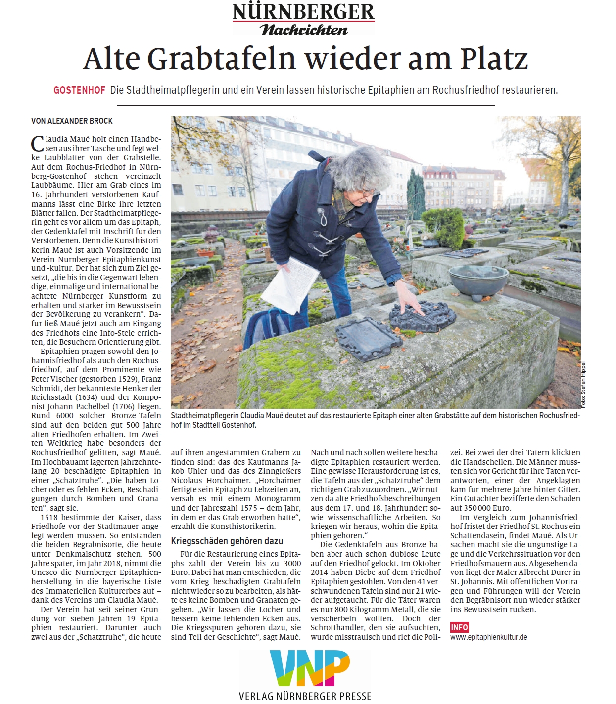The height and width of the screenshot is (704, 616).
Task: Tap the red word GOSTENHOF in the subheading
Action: [x=80, y=90]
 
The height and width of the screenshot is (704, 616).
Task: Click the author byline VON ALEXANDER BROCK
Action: [x=72, y=121]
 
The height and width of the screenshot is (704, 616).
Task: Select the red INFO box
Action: [x=459, y=627]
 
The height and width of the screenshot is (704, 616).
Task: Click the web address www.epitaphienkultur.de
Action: [x=488, y=637]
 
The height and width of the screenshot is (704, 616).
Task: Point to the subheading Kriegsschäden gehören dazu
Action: [x=227, y=541]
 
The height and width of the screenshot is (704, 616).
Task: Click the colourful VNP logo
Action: [x=310, y=669]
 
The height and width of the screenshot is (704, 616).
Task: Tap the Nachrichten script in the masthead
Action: [x=304, y=30]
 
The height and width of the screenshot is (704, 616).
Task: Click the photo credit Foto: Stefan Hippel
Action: [x=583, y=385]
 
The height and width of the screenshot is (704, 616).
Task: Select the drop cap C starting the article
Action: [x=38, y=144]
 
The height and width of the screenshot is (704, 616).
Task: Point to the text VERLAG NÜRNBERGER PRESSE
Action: [x=305, y=696]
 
